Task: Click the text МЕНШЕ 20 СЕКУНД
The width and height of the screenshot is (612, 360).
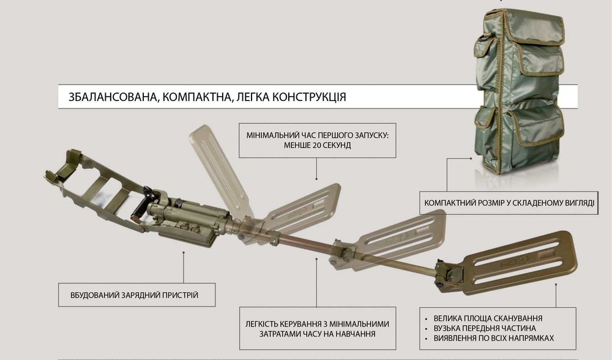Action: point(318,146)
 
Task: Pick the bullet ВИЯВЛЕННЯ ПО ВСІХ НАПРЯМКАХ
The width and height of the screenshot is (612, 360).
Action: point(496,339)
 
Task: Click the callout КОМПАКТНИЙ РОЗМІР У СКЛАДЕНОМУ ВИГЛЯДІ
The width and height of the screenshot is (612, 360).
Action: point(509,201)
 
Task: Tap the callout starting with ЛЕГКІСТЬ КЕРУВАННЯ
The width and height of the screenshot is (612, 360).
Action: point(317,328)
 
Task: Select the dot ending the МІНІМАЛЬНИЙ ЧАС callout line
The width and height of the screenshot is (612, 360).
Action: point(316,178)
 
